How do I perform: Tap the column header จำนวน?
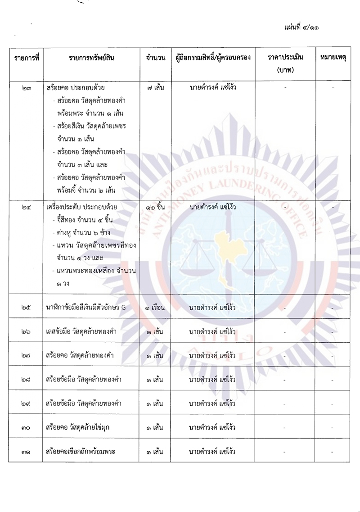156,58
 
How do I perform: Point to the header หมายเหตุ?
333,58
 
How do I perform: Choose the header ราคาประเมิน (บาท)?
285,63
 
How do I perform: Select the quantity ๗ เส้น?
156,87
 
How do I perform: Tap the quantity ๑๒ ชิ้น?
156,207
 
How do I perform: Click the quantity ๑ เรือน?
156,308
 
